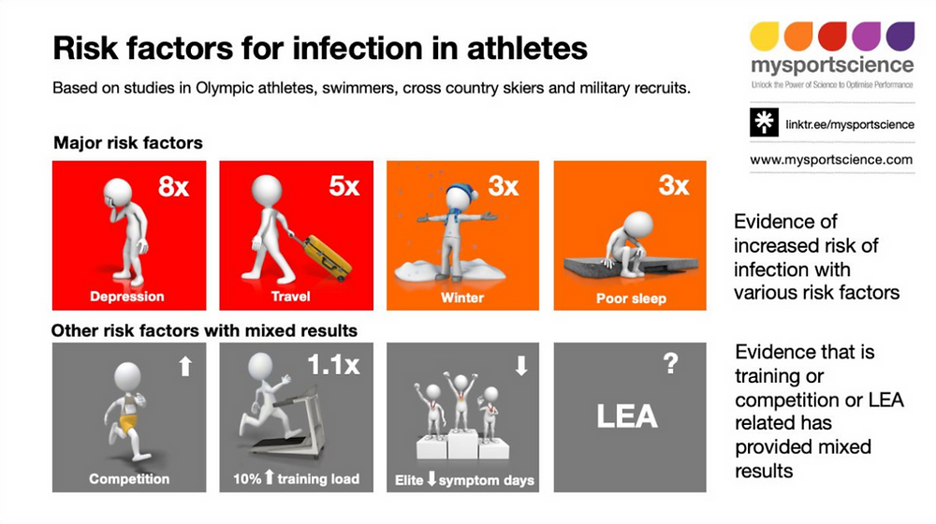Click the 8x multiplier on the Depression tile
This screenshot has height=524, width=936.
(x=173, y=187)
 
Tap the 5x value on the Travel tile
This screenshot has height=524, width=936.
(x=344, y=187)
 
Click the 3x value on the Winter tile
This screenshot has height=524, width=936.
(x=504, y=187)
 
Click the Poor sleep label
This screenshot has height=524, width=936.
(x=631, y=298)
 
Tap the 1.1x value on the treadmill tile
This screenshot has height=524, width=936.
(x=334, y=365)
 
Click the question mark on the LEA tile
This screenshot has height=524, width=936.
(x=671, y=363)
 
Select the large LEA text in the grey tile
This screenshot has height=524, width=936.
(x=627, y=416)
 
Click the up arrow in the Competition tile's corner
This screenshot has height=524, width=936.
(x=185, y=366)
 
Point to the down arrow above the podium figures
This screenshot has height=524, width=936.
(x=521, y=365)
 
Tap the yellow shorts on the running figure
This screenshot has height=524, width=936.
(x=127, y=423)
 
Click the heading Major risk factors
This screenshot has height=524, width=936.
(x=127, y=142)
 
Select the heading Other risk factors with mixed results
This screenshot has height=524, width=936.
(x=204, y=330)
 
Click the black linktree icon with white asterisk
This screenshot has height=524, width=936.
(x=764, y=123)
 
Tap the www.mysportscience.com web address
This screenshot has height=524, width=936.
(x=831, y=160)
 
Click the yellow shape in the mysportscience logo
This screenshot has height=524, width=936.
(x=765, y=36)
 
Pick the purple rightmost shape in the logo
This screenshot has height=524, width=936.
(x=900, y=36)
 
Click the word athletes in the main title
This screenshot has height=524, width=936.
(x=527, y=48)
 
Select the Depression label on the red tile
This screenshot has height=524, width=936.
(x=126, y=297)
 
